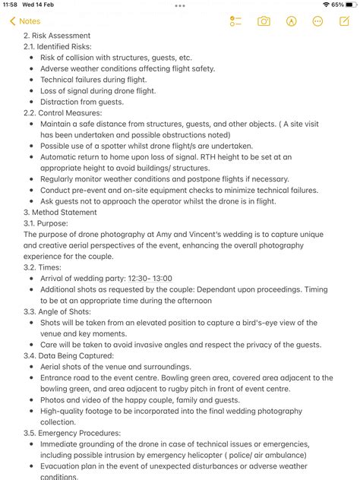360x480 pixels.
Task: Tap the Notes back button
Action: (24, 21)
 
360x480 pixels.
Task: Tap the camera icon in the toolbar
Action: (264, 21)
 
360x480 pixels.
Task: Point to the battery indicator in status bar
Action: (350, 5)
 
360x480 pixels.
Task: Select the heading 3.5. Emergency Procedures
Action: (74, 434)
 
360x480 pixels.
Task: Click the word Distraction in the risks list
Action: (60, 102)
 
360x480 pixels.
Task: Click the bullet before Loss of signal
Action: (30, 90)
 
